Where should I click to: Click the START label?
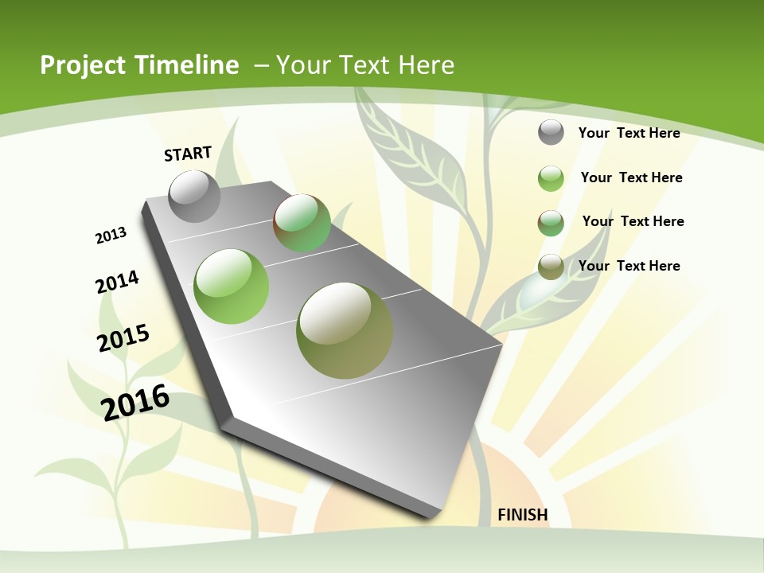[188, 154]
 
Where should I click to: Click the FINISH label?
[522, 515]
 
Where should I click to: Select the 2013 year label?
[111, 236]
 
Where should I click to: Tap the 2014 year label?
[117, 282]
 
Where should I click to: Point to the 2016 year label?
[135, 402]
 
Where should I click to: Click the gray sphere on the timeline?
[194, 197]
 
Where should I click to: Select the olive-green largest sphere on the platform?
[345, 330]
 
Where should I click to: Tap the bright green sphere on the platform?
[231, 286]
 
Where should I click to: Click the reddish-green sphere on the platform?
[302, 223]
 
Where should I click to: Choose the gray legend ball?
[551, 132]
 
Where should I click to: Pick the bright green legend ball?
[551, 178]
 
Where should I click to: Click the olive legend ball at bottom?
[551, 267]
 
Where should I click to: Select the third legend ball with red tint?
[551, 223]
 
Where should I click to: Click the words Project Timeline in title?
[139, 65]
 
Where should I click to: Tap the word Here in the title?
[427, 65]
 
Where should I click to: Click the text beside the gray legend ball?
[629, 133]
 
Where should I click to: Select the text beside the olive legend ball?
[629, 266]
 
